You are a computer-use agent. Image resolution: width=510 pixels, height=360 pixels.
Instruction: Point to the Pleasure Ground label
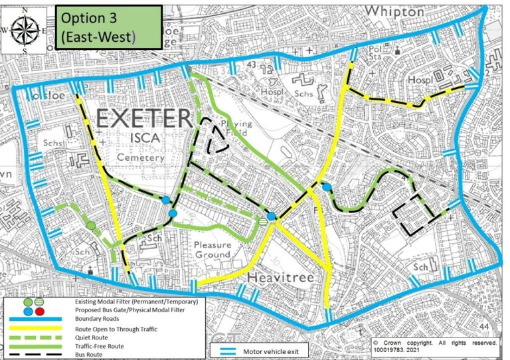click(212, 250)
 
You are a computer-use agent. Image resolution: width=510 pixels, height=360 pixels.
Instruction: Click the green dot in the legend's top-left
click(28, 303)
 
